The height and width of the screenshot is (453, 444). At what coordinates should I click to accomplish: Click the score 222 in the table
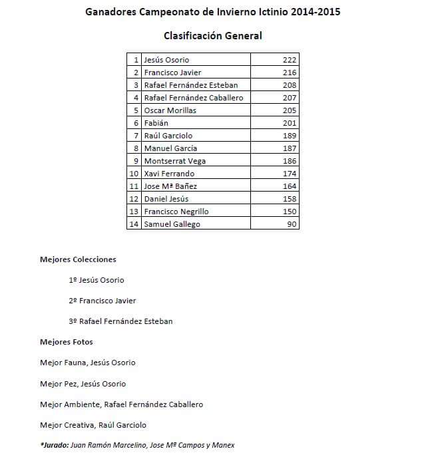click(x=289, y=60)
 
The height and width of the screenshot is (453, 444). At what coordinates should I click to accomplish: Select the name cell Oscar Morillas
click(x=170, y=110)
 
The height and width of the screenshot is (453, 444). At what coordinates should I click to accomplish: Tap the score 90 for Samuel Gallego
click(x=292, y=224)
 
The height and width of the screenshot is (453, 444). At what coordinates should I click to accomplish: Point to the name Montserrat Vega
click(x=174, y=161)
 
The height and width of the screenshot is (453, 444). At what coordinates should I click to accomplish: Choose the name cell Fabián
click(x=156, y=123)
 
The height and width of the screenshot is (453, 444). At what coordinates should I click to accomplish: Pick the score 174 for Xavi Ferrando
click(x=289, y=174)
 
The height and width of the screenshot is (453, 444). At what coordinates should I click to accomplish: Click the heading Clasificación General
click(x=212, y=36)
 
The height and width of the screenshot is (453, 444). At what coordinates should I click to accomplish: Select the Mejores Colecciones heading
click(x=78, y=259)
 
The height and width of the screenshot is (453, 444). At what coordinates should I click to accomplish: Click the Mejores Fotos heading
click(x=67, y=342)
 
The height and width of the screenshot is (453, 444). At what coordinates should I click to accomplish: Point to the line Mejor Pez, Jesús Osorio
click(x=83, y=384)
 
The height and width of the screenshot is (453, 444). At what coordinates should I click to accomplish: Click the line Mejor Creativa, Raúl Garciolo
click(x=93, y=425)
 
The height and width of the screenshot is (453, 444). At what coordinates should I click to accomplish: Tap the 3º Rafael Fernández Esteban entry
click(x=120, y=321)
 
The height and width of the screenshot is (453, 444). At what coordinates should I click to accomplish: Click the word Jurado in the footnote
click(x=53, y=445)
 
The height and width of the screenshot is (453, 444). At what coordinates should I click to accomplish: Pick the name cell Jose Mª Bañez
click(x=170, y=186)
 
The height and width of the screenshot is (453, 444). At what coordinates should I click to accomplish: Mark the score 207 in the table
click(x=289, y=98)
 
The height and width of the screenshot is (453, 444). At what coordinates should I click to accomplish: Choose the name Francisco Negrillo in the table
click(x=176, y=212)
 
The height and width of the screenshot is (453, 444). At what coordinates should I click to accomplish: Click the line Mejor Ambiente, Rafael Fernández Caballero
click(x=121, y=404)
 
